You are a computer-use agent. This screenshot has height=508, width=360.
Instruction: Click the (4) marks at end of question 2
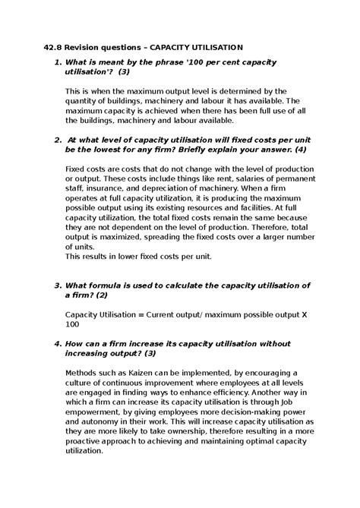click(299, 149)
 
